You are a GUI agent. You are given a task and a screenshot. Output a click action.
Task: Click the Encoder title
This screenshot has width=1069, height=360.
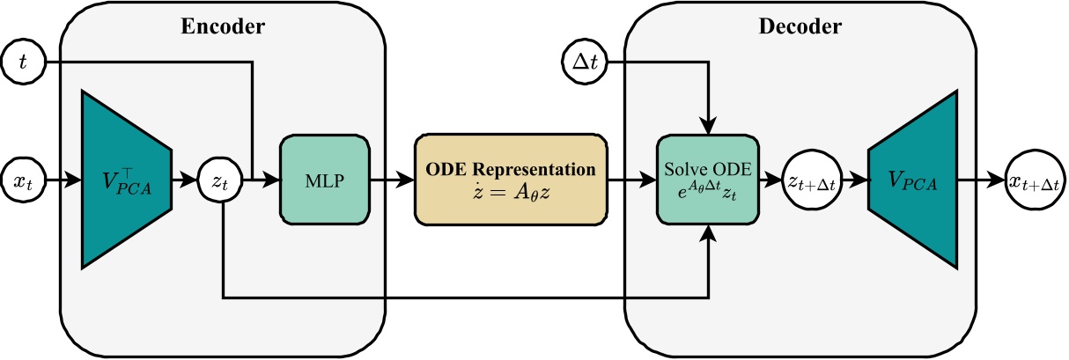pos(222,26)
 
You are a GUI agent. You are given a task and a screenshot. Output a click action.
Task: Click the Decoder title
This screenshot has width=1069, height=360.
pos(800,26)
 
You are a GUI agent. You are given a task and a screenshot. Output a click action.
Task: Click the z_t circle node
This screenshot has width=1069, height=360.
pos(220,182)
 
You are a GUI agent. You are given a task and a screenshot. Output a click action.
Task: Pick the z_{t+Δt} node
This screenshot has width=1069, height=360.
pos(812,182)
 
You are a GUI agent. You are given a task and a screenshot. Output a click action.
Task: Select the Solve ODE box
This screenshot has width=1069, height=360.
pos(708,181)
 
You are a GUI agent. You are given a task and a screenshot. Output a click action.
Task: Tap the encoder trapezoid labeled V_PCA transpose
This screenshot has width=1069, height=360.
pos(125,181)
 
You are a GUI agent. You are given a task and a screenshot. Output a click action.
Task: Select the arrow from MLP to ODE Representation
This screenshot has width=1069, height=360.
pos(391,182)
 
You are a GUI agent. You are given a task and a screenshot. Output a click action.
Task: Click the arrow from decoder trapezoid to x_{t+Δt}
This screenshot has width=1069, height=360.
pos(982,182)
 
